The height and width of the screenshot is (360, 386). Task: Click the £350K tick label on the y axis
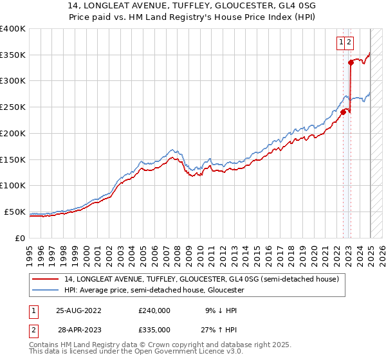[x=12, y=55]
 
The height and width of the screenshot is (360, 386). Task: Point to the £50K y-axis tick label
[x=14, y=212]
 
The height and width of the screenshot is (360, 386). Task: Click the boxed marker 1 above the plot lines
[x=340, y=42]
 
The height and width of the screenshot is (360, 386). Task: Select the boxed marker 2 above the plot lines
[x=349, y=42]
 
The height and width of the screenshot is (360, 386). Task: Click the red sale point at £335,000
[x=351, y=62]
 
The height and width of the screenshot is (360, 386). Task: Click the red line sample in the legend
[x=46, y=279]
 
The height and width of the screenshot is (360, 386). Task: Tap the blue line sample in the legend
[x=46, y=290]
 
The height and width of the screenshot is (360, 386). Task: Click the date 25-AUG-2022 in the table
[x=79, y=310]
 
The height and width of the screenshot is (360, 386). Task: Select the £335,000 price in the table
[x=154, y=330]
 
